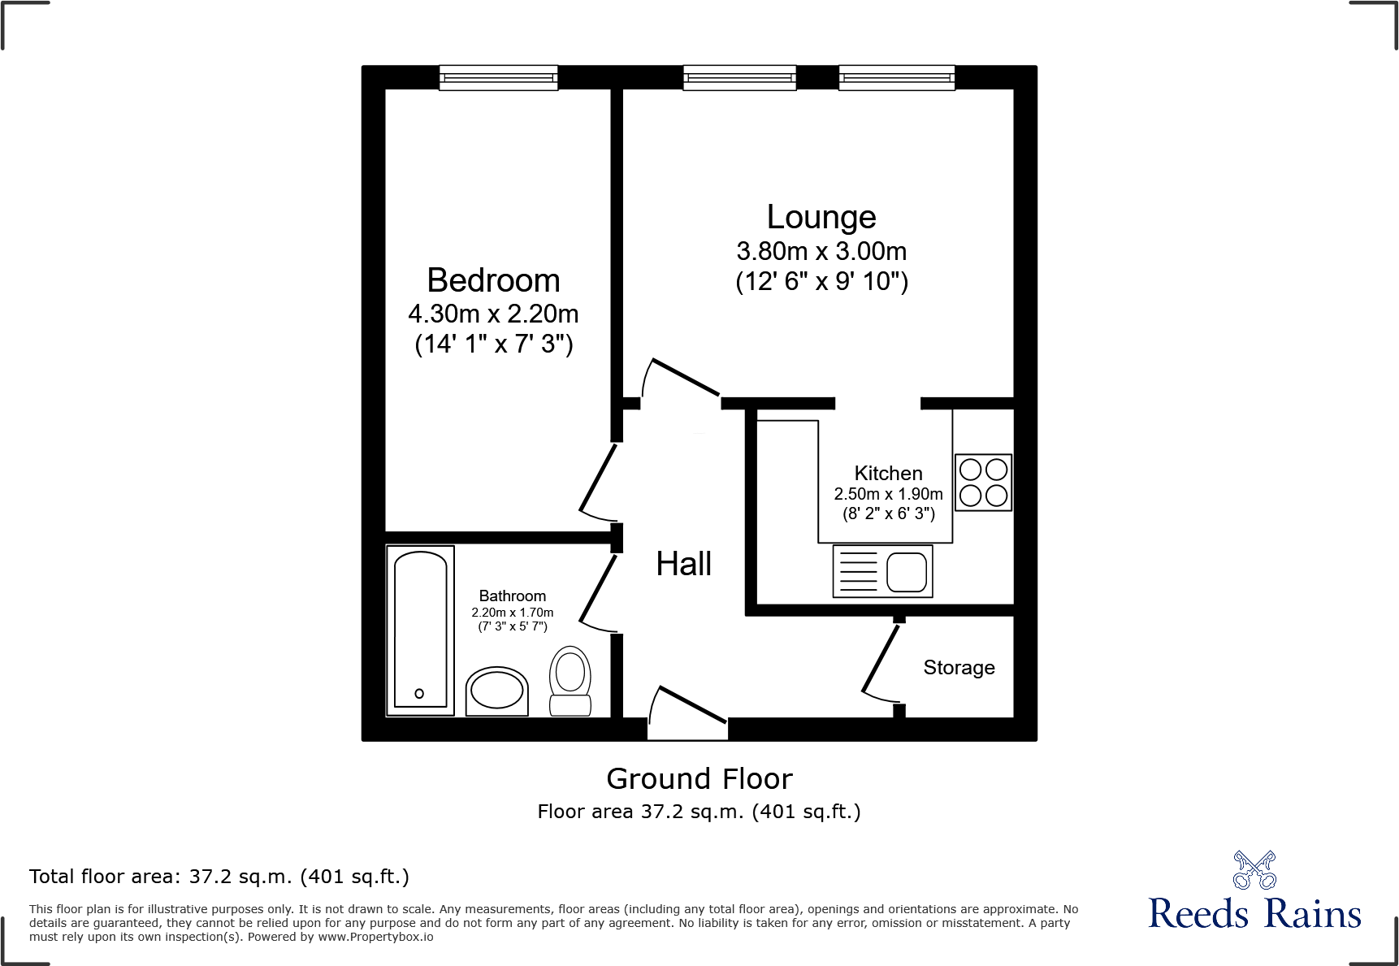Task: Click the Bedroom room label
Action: point(493,280)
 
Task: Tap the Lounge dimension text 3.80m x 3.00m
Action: point(821,251)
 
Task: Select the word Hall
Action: point(683,564)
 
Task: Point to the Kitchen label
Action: point(888,473)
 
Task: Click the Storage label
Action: point(959,667)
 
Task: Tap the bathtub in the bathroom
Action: point(420,630)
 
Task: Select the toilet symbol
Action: point(570,680)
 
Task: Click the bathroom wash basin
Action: point(497,691)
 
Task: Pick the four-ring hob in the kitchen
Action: point(983,482)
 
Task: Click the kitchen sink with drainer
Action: point(882,571)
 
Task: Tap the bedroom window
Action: point(498,78)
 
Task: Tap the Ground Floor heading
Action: point(699,778)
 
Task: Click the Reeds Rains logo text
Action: point(1254,914)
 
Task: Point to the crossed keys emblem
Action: point(1254,870)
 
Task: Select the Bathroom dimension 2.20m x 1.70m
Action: point(512,613)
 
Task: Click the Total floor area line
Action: point(219,877)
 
